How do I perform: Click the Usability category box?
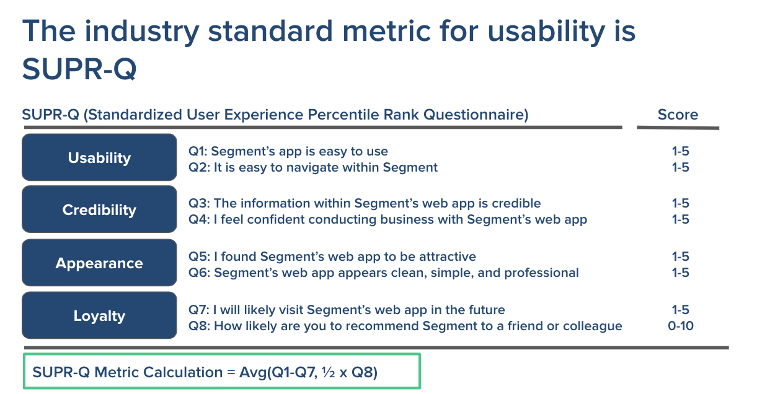(99, 157)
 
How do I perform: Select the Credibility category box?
(99, 209)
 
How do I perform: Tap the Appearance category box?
(99, 263)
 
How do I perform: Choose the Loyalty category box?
(99, 315)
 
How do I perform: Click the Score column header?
(678, 115)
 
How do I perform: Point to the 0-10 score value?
(681, 326)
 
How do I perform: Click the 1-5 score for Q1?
(681, 151)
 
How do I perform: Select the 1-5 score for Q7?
(681, 310)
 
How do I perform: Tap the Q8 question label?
(199, 326)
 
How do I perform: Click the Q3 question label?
(199, 203)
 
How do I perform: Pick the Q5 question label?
(199, 256)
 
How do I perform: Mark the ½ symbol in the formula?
(329, 372)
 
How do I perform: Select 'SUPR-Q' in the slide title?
(79, 69)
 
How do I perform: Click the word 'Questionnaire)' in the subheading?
(476, 115)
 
